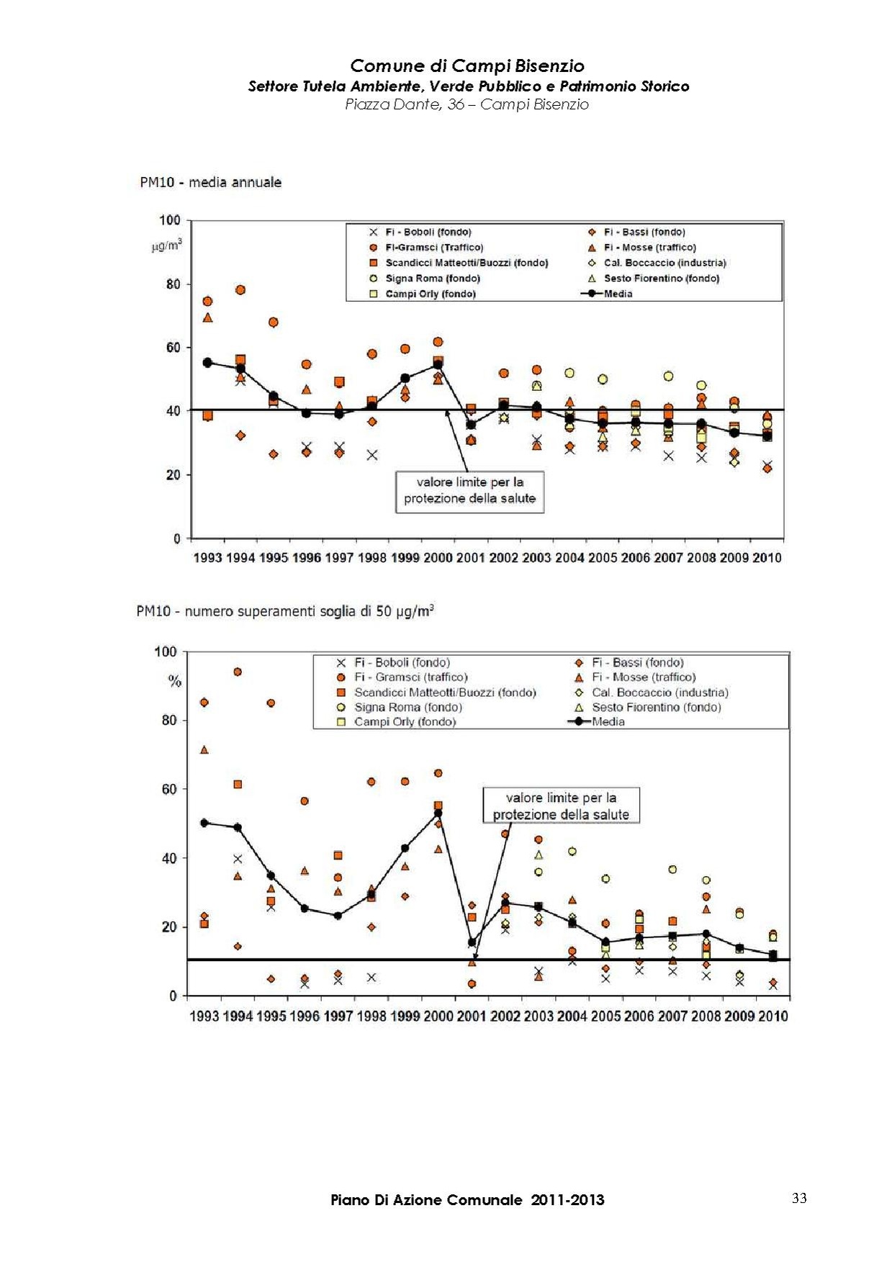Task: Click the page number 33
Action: tap(799, 1198)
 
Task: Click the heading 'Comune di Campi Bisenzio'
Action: tap(467, 66)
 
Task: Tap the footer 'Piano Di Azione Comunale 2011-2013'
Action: tap(467, 1200)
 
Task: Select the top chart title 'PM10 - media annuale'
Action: tap(210, 183)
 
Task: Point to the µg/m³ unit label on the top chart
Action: tap(167, 245)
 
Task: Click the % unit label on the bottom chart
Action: tap(174, 681)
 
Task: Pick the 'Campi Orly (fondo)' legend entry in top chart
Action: tap(430, 294)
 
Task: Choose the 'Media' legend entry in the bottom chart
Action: tap(608, 722)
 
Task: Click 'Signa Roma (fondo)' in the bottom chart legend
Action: tap(407, 708)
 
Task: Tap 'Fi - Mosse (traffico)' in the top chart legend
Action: tap(649, 248)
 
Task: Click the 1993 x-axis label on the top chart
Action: tap(207, 558)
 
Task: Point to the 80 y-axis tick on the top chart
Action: tap(173, 284)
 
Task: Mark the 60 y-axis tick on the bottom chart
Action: tap(168, 789)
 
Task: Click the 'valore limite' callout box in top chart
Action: tap(469, 491)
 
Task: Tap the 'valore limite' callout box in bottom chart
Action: tap(561, 806)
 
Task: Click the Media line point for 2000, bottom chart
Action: tap(438, 813)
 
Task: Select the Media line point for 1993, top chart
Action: tap(207, 363)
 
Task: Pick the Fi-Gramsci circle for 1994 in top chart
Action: tap(240, 290)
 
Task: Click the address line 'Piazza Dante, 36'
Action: tap(467, 104)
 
